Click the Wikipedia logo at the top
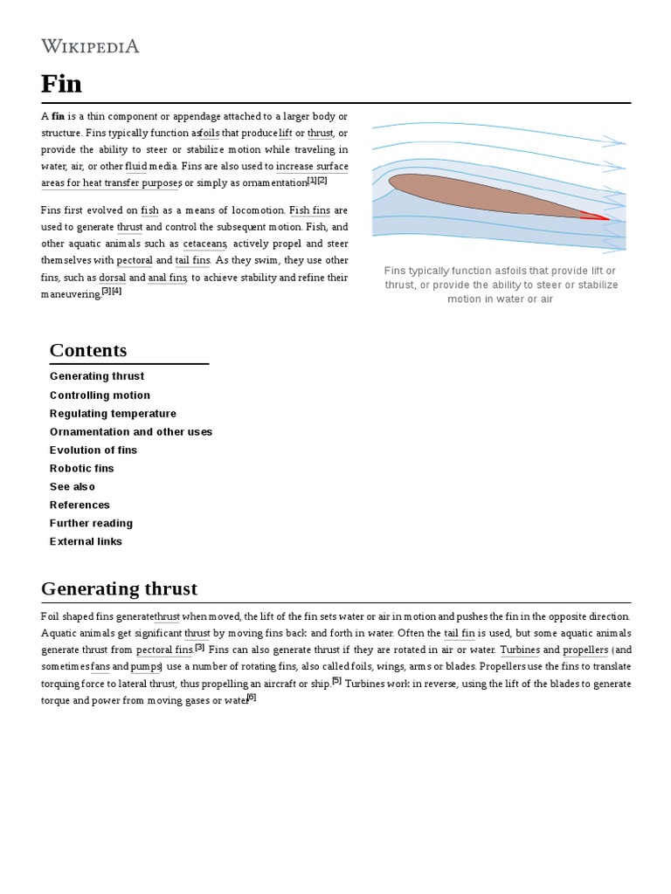90,46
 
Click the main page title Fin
61,84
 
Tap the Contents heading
88,350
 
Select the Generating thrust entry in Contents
97,376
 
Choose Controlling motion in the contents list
100,395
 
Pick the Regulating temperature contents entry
113,414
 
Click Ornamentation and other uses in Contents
131,432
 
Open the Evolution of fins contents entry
93,450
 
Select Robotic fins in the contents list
82,469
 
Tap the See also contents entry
73,487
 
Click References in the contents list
80,505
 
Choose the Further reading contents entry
91,524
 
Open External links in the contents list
86,542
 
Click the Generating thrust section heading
119,588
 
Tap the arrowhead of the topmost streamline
617,140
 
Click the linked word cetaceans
205,244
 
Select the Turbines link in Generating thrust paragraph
519,650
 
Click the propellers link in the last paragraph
585,650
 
